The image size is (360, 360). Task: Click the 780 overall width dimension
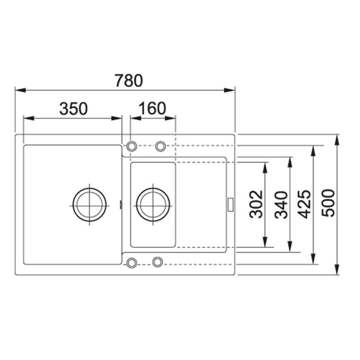click(x=128, y=81)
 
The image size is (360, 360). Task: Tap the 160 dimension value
click(x=153, y=108)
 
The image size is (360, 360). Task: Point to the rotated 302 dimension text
click(x=256, y=204)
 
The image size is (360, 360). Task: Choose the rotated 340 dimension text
click(x=281, y=204)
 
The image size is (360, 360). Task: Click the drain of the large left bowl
click(x=90, y=204)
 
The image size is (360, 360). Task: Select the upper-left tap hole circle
click(x=132, y=146)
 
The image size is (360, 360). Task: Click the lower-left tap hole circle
click(x=132, y=262)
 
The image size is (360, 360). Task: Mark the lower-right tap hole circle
click(x=157, y=261)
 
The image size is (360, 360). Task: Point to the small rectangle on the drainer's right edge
click(x=231, y=204)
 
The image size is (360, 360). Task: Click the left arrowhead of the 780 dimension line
click(x=19, y=90)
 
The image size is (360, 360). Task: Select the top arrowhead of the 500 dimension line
click(x=337, y=138)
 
